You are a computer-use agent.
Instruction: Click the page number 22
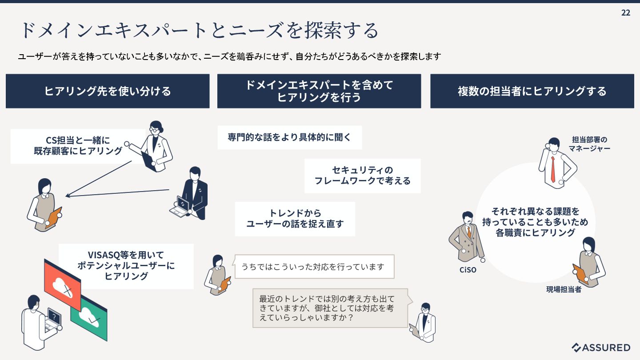[625, 13]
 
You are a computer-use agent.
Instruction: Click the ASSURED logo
[601, 348]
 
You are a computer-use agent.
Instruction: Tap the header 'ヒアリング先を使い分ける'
[108, 91]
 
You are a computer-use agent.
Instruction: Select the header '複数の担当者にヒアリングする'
[532, 91]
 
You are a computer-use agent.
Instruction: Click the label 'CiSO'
[468, 270]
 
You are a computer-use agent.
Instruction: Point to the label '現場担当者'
[564, 290]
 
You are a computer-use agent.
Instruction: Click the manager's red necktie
[553, 169]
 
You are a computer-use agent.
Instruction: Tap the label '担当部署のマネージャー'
[589, 144]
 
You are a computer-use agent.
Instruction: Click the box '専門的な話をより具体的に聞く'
[289, 137]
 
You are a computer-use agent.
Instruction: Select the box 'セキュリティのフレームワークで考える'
[362, 176]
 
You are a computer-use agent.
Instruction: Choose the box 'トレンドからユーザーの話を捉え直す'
[295, 219]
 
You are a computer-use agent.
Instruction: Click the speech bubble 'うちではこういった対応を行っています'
[313, 267]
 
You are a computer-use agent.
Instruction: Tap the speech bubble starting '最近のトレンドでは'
[330, 308]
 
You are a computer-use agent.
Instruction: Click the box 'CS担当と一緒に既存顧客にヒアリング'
[78, 146]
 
